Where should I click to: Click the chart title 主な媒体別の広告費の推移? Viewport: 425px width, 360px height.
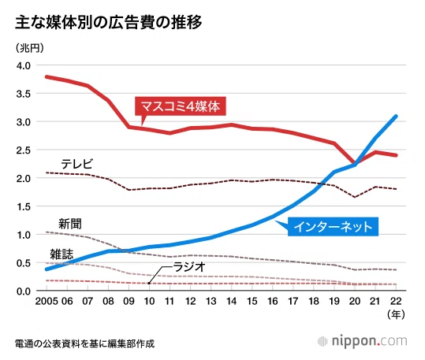tap(109, 22)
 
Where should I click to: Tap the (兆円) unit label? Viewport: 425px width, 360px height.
tap(30, 48)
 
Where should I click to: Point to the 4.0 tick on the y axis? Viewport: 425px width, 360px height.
tap(24, 66)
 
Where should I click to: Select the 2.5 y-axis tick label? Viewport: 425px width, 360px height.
tap(24, 150)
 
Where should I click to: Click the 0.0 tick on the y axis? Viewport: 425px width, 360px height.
tap(24, 291)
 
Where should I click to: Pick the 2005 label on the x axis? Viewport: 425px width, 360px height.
tap(47, 301)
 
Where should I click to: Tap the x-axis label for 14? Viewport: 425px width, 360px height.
tap(232, 301)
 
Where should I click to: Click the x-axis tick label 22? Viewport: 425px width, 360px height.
tap(396, 301)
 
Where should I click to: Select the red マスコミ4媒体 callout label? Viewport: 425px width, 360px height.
tap(181, 106)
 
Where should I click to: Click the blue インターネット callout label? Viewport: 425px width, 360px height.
tap(333, 227)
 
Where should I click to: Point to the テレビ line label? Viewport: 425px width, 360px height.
tap(77, 164)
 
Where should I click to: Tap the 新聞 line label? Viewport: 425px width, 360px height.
tap(70, 224)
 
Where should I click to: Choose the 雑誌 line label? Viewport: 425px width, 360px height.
tap(62, 254)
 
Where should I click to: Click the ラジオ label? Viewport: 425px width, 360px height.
tap(189, 267)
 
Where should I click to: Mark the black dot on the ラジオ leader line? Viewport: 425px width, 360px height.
tap(149, 284)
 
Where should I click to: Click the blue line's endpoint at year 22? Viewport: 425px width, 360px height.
tap(396, 117)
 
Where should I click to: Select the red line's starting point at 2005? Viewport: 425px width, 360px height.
tap(47, 77)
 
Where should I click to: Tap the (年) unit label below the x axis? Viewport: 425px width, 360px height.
tap(396, 314)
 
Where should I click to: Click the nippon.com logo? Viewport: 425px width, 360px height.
tap(363, 341)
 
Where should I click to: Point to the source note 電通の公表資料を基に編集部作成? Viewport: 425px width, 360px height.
tap(84, 343)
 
